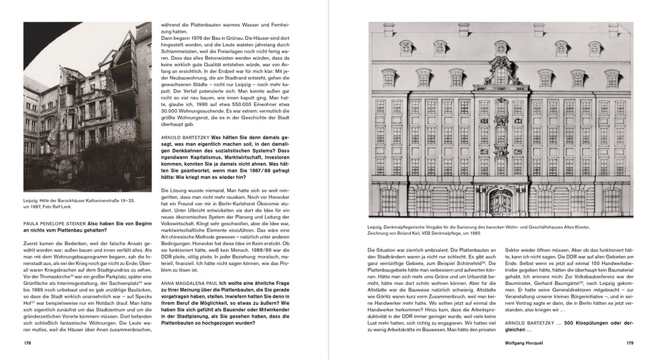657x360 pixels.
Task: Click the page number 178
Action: (27, 343)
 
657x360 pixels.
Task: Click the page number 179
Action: (629, 343)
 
